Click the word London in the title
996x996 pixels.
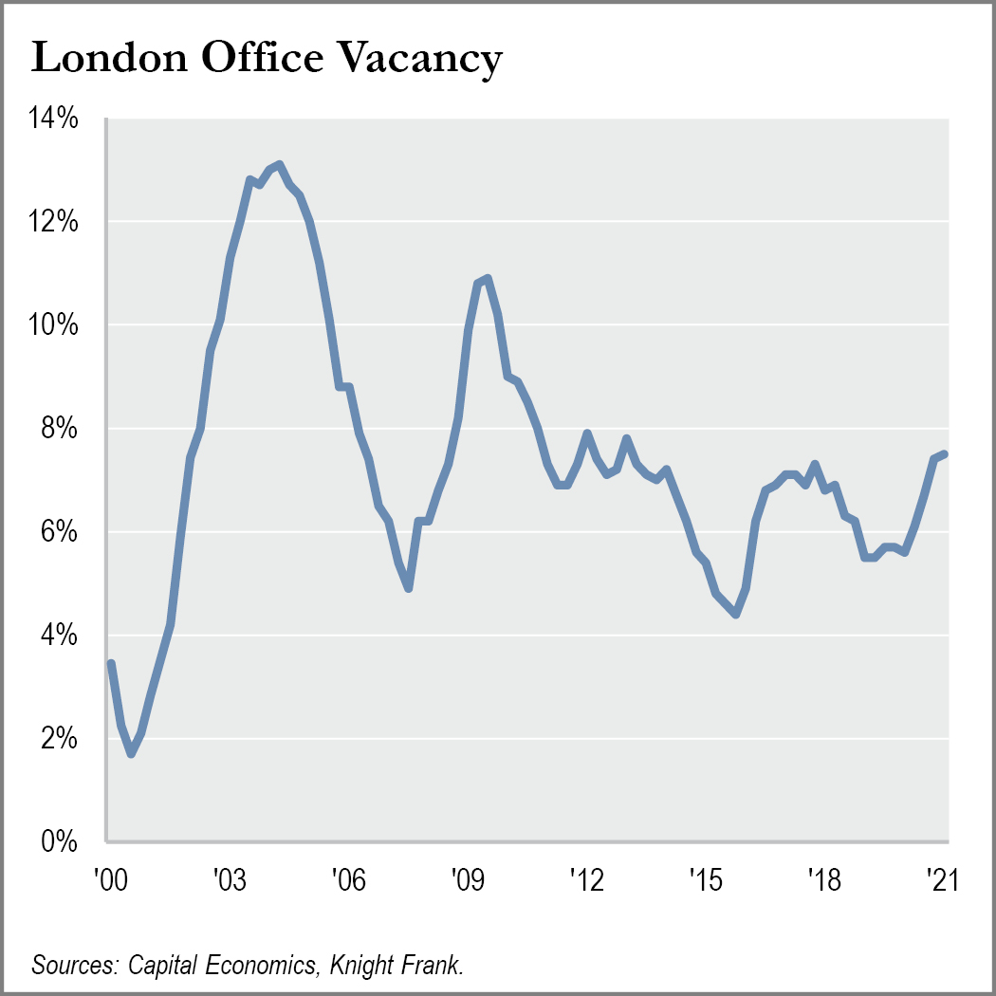110,57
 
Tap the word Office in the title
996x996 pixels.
263,57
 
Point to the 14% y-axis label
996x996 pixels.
53,119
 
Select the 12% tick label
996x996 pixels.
53,222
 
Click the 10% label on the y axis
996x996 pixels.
53,325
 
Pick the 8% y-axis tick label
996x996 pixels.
59,429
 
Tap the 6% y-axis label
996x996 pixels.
59,531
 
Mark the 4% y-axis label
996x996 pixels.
59,636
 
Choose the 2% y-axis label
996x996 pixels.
59,739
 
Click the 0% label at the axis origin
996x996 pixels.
59,841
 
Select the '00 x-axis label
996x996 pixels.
111,879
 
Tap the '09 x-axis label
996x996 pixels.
468,879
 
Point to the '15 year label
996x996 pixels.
706,879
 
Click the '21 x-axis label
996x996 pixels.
942,879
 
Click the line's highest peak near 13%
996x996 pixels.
280,164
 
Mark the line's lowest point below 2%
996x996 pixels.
132,754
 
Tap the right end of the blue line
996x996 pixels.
945,453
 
